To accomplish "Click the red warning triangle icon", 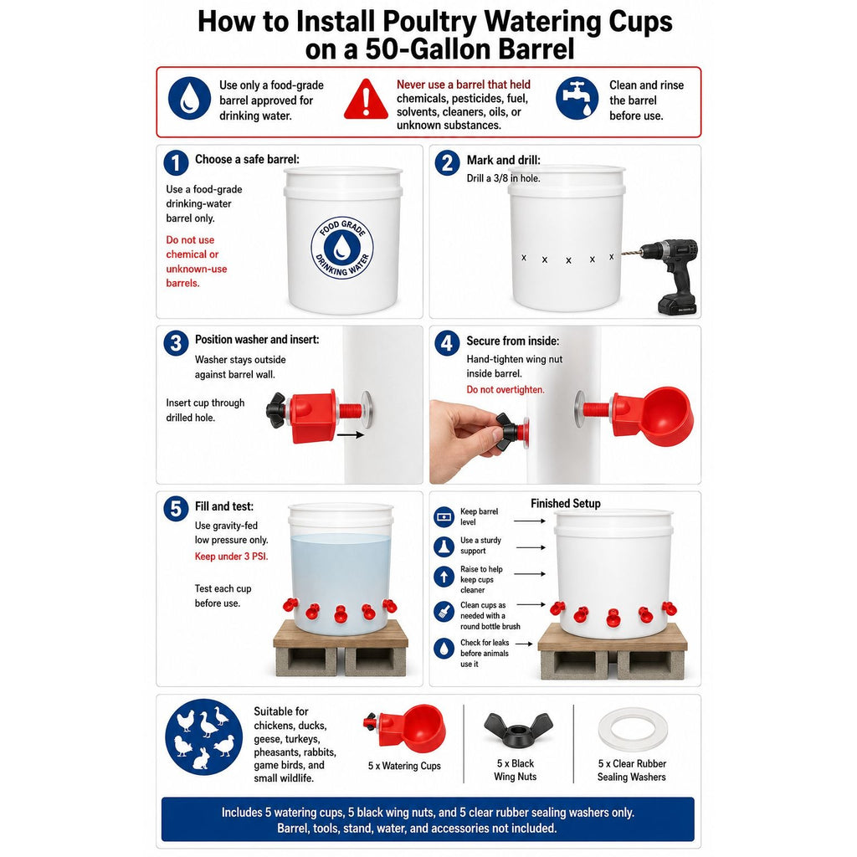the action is pyautogui.click(x=367, y=100).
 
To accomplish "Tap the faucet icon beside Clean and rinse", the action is pyautogui.click(x=577, y=99).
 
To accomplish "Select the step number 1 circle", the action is pyautogui.click(x=176, y=163).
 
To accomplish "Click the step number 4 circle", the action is pyautogui.click(x=447, y=343).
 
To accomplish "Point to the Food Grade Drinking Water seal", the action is pyautogui.click(x=342, y=247).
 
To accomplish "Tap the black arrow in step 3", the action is pyautogui.click(x=351, y=435).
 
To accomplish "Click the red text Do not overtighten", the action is pyautogui.click(x=505, y=390).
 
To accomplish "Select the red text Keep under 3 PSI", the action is pyautogui.click(x=231, y=557).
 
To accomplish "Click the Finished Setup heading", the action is pyautogui.click(x=566, y=503).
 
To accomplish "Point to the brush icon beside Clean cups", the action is pyautogui.click(x=444, y=611).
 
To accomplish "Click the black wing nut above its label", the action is pyautogui.click(x=517, y=730).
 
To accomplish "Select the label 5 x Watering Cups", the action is pyautogui.click(x=404, y=766).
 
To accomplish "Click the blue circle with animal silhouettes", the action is pyautogui.click(x=204, y=737).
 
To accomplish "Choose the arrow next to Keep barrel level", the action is pyautogui.click(x=530, y=521).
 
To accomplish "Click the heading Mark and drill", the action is pyautogui.click(x=503, y=160).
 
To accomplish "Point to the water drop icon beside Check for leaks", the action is pyautogui.click(x=444, y=649).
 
